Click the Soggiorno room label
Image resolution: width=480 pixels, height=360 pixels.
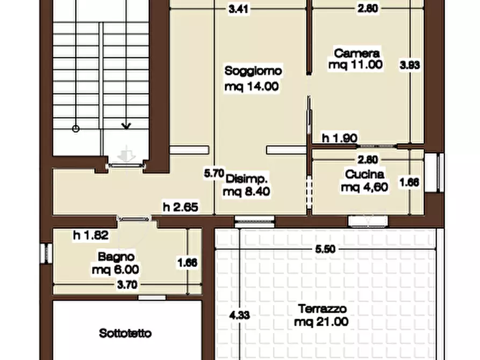[253, 70]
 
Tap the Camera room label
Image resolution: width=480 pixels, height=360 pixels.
[357, 53]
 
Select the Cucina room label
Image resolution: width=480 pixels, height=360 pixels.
[365, 174]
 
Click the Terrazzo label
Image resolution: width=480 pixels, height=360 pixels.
[323, 309]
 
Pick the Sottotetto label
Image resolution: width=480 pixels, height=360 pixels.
[126, 333]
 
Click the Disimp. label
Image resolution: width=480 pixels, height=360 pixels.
[247, 178]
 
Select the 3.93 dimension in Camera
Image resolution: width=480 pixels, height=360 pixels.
[410, 65]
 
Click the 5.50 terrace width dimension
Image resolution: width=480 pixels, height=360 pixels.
[326, 249]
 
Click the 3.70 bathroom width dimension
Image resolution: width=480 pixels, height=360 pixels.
[127, 285]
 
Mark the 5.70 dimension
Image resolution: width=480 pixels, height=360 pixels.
[213, 173]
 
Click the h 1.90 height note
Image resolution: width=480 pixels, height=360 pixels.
[340, 138]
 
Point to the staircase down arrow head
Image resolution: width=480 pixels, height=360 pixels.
[126, 127]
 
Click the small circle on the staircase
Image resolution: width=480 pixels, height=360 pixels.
[76, 128]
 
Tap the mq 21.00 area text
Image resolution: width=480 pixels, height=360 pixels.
[321, 322]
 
